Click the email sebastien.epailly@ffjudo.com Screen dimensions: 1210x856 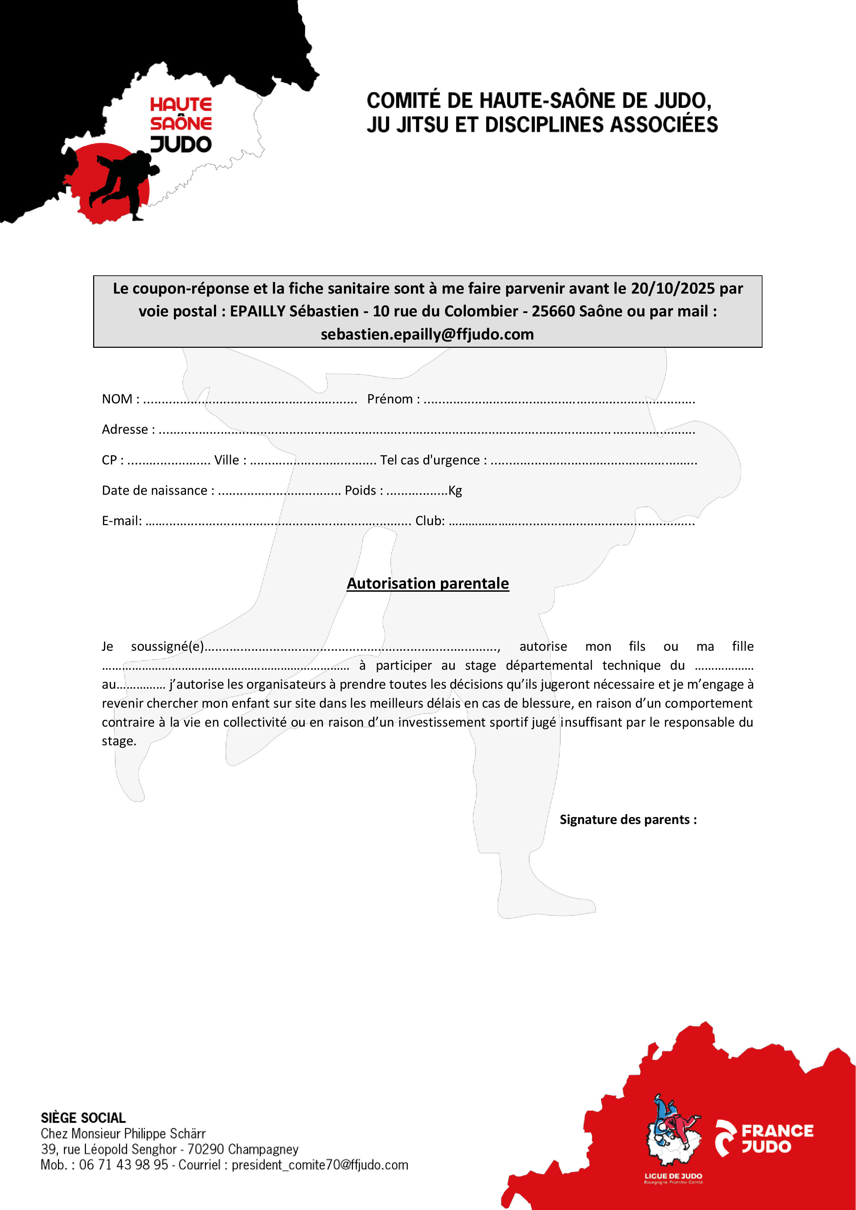coord(427,334)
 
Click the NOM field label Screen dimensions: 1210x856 coord(117,399)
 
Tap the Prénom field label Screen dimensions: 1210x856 coord(390,399)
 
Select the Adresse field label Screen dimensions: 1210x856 coord(125,430)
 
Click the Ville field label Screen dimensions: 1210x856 coord(227,460)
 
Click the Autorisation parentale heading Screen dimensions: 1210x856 coord(427,583)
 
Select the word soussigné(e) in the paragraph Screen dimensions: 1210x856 coord(167,647)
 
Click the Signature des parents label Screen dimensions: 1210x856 coord(628,819)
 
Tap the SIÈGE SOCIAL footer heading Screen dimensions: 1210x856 coord(83,1118)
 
